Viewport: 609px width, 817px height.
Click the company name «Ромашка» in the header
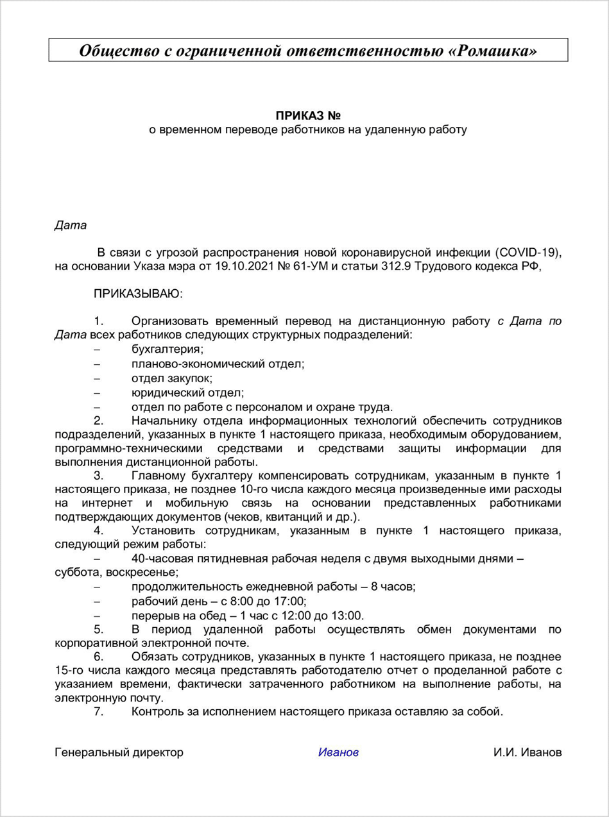[492, 51]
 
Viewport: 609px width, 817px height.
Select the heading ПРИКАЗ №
[307, 116]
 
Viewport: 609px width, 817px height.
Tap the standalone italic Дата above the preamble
[70, 225]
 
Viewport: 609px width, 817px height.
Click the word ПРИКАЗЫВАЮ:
[138, 294]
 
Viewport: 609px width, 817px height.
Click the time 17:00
[291, 601]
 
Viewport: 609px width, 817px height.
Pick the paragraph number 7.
[99, 712]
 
